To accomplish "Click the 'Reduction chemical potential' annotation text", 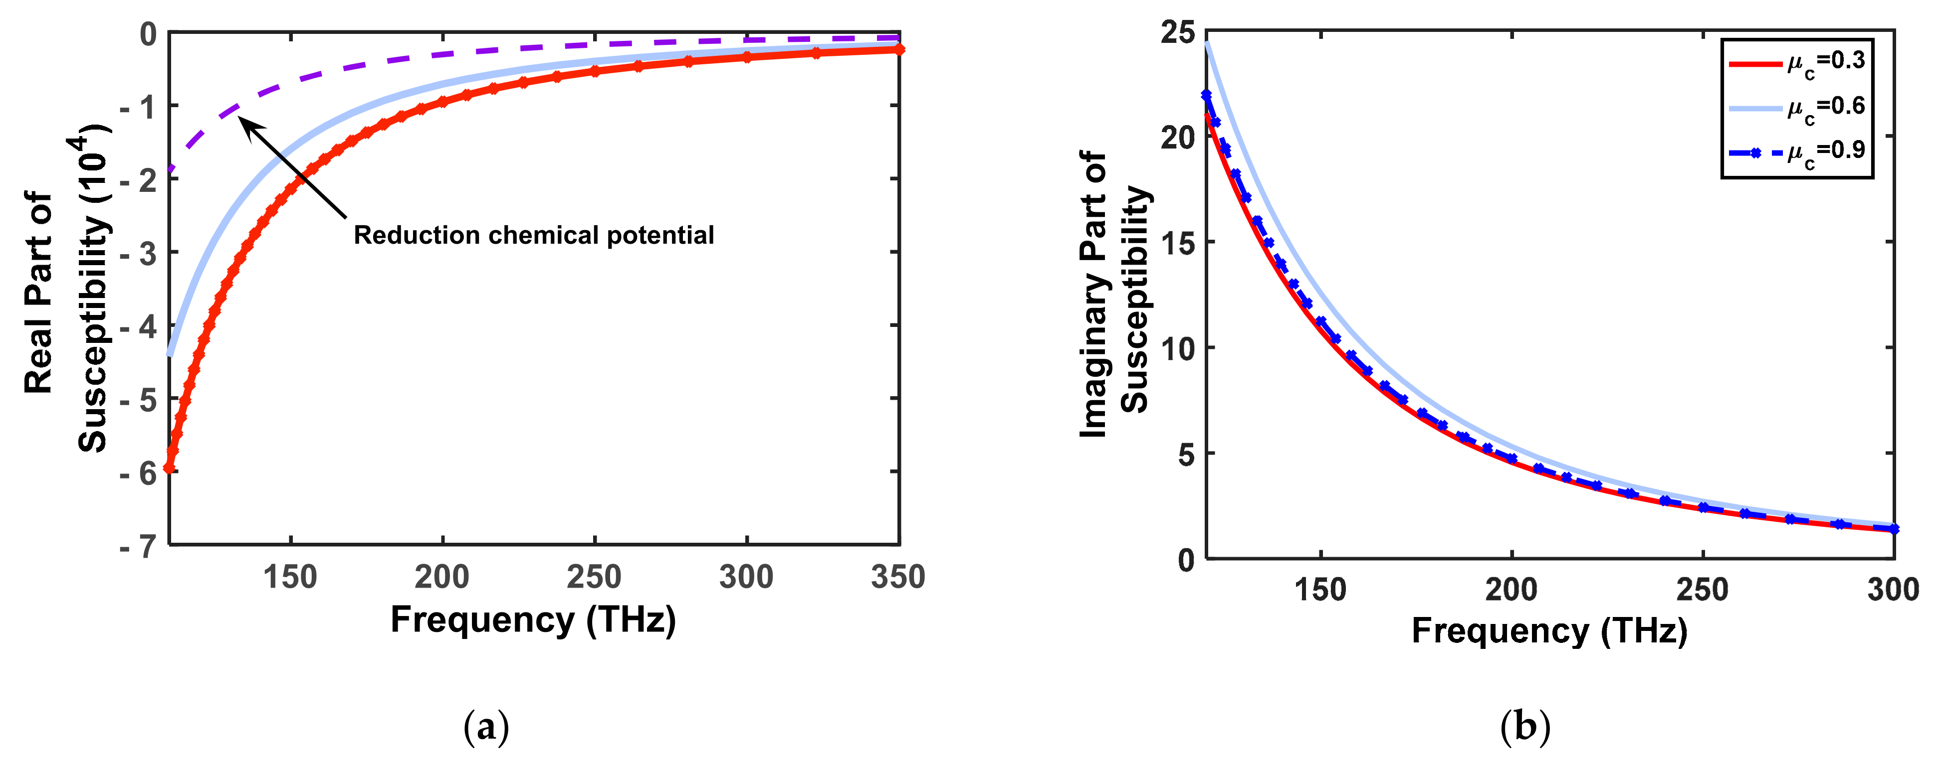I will pos(534,235).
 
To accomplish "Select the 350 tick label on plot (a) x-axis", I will pos(897,578).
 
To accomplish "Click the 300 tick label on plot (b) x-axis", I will pos(1893,590).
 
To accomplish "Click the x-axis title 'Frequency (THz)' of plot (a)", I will pos(533,620).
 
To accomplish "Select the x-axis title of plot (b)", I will pos(1549,630).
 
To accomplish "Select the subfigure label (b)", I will pos(1525,728).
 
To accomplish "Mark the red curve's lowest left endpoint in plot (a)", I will pos(170,467).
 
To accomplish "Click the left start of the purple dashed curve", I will pos(171,169).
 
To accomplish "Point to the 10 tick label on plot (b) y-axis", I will pos(1179,348).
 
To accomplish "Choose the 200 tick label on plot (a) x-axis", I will pos(442,578).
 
